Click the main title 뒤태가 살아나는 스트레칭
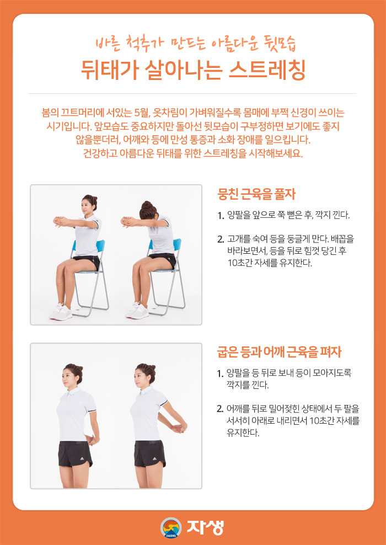192,70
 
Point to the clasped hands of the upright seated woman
61,222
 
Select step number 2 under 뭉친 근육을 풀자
221,239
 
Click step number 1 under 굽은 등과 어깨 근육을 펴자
221,373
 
